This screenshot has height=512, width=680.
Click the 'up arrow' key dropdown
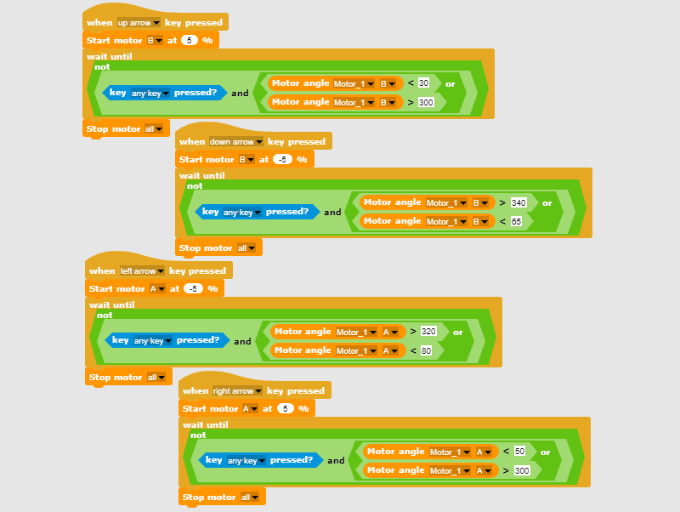click(139, 23)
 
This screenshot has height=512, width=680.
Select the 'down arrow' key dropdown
click(236, 141)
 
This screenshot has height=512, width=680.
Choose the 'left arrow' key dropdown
click(142, 270)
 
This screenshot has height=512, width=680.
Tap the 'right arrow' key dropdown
click(237, 390)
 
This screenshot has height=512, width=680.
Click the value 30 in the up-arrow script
click(423, 82)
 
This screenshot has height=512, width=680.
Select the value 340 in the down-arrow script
click(518, 202)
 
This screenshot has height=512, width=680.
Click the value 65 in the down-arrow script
click(516, 221)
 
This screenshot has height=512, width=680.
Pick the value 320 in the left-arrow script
click(428, 332)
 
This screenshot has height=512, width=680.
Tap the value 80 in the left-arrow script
click(426, 350)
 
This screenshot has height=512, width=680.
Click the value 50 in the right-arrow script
click(519, 452)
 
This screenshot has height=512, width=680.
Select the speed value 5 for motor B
click(190, 40)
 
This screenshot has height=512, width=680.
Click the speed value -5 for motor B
click(282, 159)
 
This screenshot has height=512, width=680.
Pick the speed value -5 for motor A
click(194, 288)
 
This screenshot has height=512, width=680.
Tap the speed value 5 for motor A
click(286, 408)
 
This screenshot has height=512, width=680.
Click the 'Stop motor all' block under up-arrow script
click(126, 129)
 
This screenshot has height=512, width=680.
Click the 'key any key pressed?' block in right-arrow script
click(260, 460)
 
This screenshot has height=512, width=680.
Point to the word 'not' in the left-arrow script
click(105, 316)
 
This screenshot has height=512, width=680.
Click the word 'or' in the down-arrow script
click(547, 203)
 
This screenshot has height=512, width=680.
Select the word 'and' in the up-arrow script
click(240, 93)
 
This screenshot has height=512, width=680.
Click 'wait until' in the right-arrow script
click(205, 424)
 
